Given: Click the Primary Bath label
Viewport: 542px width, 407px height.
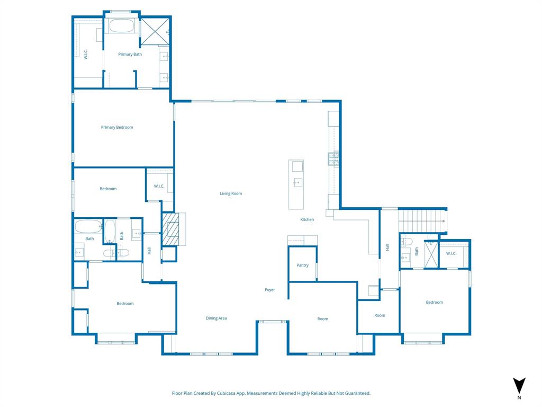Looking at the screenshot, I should pyautogui.click(x=130, y=54).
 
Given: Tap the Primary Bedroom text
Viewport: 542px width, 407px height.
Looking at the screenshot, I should pyautogui.click(x=117, y=127).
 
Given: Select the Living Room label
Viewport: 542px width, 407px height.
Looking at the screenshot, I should pyautogui.click(x=231, y=193).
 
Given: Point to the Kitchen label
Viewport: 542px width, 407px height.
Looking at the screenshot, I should pyautogui.click(x=307, y=219).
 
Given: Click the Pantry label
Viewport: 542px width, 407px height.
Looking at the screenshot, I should pyautogui.click(x=302, y=265).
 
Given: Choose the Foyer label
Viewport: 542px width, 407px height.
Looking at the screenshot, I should pyautogui.click(x=270, y=290).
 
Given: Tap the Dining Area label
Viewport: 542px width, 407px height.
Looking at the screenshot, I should pyautogui.click(x=216, y=318).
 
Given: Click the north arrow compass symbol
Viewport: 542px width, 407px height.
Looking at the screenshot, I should pyautogui.click(x=519, y=386).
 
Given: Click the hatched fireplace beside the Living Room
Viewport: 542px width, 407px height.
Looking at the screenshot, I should pyautogui.click(x=170, y=228).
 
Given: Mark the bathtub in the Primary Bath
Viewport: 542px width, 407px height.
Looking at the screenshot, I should pyautogui.click(x=123, y=26).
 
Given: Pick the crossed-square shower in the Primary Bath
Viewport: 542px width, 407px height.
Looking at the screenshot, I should pyautogui.click(x=154, y=31).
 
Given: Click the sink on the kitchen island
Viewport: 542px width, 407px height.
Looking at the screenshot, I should pyautogui.click(x=298, y=183).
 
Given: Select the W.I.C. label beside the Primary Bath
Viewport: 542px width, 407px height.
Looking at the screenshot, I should pyautogui.click(x=86, y=54).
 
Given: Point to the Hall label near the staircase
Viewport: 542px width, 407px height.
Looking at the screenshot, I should pyautogui.click(x=387, y=247).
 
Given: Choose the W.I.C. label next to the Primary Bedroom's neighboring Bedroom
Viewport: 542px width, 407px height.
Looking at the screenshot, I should pyautogui.click(x=159, y=186).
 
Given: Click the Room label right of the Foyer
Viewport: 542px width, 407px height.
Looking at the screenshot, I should pyautogui.click(x=322, y=318).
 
